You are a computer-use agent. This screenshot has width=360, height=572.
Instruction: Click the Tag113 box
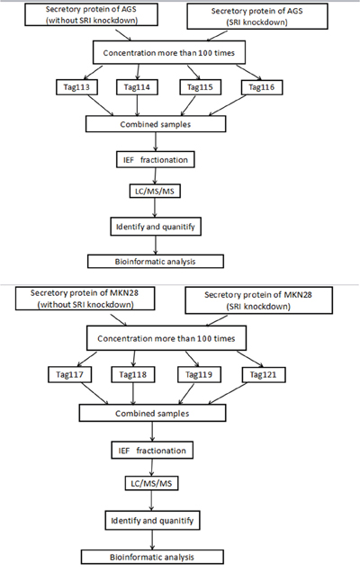coord(76,87)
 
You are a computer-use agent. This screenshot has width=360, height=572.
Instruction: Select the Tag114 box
coord(137,87)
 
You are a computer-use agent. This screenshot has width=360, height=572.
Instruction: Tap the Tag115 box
coord(200,87)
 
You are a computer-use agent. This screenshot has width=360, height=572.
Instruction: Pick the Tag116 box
coord(262,87)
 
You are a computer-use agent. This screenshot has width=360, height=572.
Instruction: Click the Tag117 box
coord(69,375)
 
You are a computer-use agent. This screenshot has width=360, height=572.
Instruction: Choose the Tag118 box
coord(133,375)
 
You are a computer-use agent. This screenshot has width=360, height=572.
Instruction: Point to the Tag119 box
coord(199,375)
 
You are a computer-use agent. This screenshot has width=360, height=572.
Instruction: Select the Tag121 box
coord(264,375)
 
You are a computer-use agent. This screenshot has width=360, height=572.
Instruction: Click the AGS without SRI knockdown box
coord(91,15)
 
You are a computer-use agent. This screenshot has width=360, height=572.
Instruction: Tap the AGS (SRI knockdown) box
coord(257,16)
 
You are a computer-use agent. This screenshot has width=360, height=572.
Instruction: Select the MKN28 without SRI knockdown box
coord(85,299)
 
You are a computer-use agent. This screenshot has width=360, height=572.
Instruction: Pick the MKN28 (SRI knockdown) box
coord(258,300)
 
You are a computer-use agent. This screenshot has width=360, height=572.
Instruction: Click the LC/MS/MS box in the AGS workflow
coord(155,192)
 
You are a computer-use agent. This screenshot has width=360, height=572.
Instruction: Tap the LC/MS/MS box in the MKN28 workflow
coord(151,484)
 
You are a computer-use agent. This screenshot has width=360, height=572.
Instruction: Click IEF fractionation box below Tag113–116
coord(155,160)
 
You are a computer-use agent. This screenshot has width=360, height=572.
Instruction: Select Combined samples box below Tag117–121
coord(152,414)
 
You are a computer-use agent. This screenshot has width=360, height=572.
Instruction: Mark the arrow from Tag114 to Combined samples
coord(138,105)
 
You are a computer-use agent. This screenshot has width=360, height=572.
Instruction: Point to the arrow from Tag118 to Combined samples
coord(133,394)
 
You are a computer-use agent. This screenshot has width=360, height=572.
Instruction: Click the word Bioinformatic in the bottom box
coord(131,557)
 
